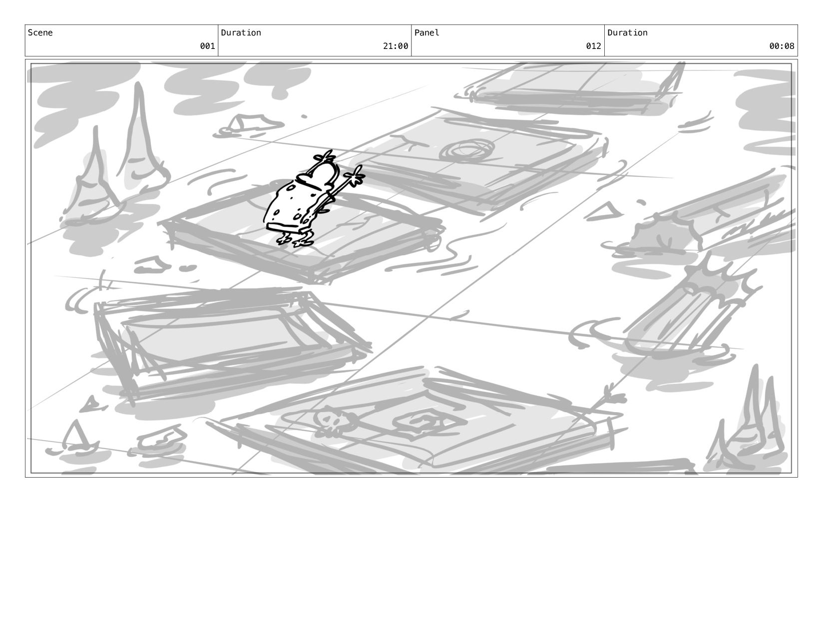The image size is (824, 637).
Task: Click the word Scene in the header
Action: [x=40, y=32]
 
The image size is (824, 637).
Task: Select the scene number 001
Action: [x=207, y=46]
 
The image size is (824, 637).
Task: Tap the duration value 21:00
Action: [x=396, y=46]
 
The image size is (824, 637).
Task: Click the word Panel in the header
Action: [x=426, y=32]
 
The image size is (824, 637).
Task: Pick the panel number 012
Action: [x=593, y=46]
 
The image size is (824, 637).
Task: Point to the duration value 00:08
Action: [x=782, y=46]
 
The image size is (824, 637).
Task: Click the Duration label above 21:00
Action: [x=241, y=32]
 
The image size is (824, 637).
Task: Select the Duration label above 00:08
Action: [x=627, y=32]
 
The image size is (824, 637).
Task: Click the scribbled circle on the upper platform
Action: [x=467, y=151]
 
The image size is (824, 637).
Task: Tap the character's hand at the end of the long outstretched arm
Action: [x=355, y=175]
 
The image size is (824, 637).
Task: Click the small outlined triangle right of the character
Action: [x=603, y=212]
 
